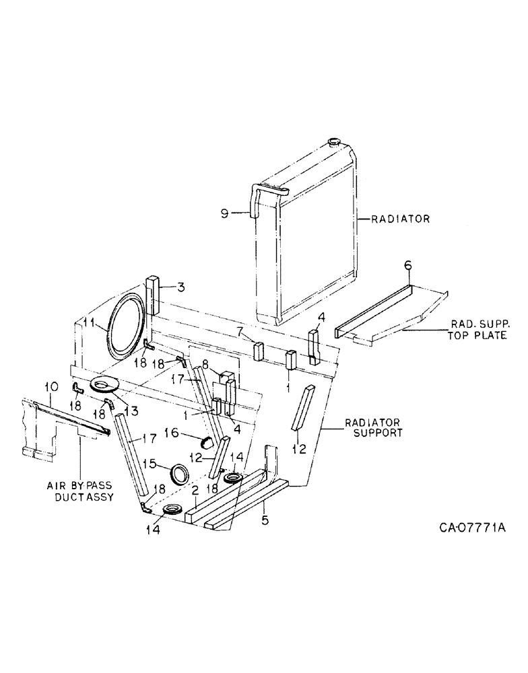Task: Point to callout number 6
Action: (407, 267)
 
